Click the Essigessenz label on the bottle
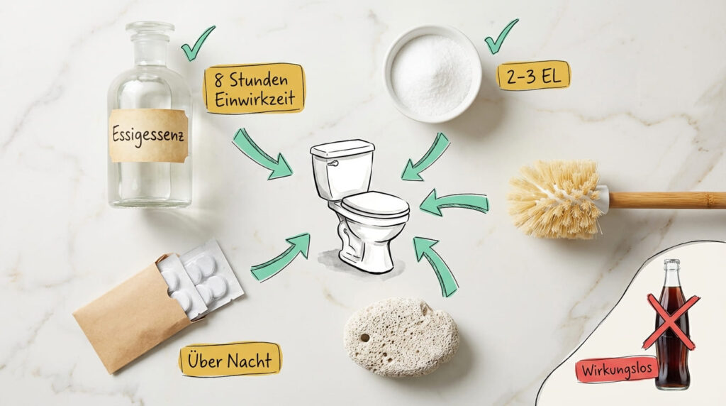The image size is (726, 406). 148,135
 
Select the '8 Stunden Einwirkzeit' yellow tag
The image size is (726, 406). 254,89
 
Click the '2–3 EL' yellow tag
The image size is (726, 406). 533,75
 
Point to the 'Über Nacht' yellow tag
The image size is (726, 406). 230,359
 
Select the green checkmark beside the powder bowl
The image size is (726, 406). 501,36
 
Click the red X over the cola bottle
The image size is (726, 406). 670,322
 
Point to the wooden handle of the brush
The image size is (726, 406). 666,199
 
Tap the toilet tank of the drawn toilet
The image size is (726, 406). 342,170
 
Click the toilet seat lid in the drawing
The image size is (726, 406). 375,204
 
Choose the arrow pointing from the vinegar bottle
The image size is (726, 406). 262,153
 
